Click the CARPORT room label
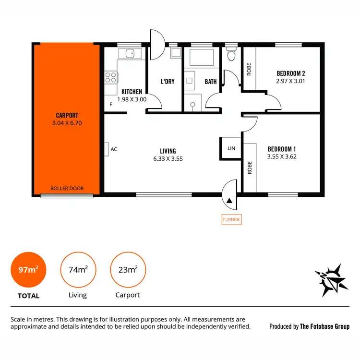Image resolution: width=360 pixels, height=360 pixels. coord(67,115)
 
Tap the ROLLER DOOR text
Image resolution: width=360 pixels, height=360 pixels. coord(67,188)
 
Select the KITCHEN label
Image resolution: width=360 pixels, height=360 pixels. coord(132,92)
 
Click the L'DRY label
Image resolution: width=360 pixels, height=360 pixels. coord(167,82)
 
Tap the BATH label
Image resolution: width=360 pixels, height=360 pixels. coord(211,82)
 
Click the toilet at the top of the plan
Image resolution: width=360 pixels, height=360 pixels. coord(231,55)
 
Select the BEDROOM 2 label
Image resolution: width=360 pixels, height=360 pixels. coord(291,73)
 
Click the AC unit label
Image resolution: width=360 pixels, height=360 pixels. coord(114,149)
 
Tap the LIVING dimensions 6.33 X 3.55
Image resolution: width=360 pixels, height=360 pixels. coord(168,158)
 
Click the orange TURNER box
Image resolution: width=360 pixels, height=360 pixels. coord(231,220)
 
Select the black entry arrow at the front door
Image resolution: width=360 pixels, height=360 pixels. coord(230,201)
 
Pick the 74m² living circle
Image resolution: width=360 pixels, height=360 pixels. coord(77,270)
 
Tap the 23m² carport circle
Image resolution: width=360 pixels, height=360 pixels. coord(127,270)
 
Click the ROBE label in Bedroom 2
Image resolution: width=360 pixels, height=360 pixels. coord(249,71)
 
